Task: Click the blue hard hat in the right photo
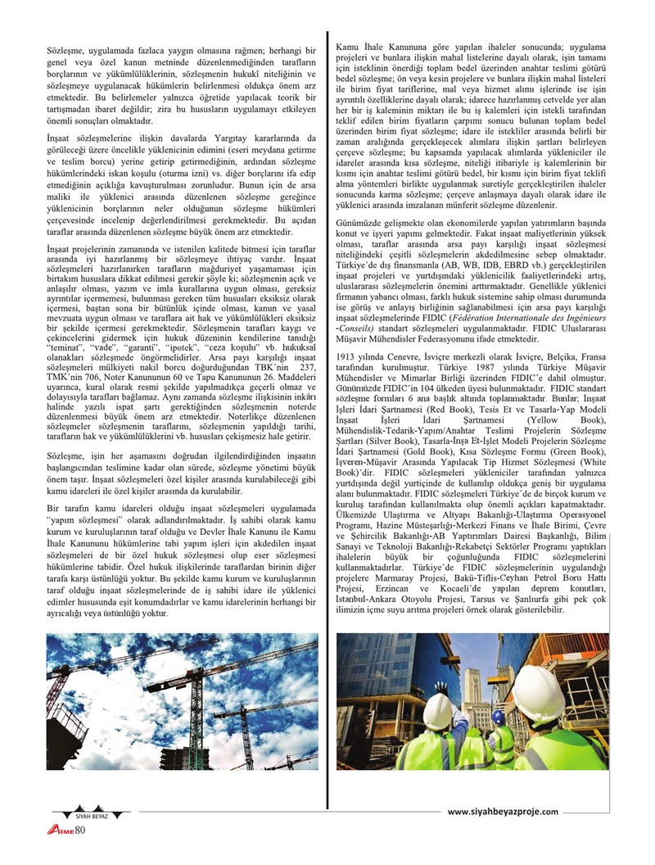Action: (499, 717)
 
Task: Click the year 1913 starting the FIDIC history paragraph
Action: (347, 357)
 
